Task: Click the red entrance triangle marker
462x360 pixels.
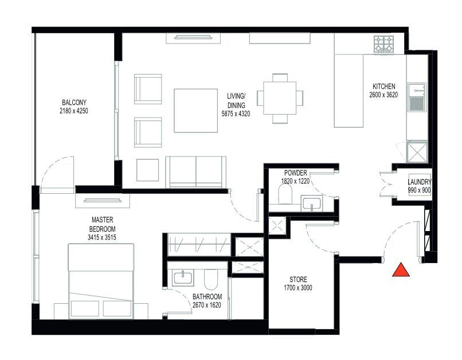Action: click(401, 271)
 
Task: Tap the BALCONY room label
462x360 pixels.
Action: click(74, 103)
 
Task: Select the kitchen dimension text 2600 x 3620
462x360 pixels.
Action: click(383, 95)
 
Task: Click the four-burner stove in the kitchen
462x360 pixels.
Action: click(383, 44)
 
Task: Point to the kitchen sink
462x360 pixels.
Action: click(417, 97)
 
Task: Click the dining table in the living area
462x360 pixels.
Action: click(280, 98)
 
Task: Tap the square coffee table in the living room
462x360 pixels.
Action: click(195, 111)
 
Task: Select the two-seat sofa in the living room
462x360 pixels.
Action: click(195, 172)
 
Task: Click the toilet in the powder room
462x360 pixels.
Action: click(285, 195)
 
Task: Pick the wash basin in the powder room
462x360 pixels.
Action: click(312, 204)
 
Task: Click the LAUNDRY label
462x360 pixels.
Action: click(420, 182)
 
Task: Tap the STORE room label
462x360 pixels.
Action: click(298, 279)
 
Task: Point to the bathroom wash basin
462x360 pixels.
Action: click(183, 278)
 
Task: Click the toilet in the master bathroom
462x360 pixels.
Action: click(211, 279)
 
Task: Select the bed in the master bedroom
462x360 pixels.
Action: click(101, 281)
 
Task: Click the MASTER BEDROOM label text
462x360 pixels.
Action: click(102, 225)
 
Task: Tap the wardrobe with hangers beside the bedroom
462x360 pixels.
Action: click(199, 245)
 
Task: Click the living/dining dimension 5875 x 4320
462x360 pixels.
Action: click(236, 114)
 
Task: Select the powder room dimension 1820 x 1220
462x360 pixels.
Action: click(295, 181)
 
